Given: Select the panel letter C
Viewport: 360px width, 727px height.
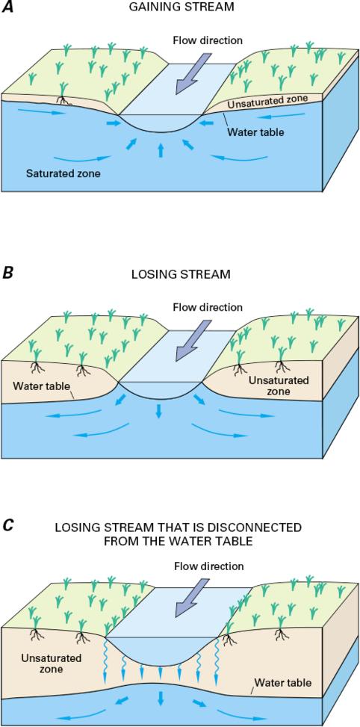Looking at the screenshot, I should click(x=8, y=525).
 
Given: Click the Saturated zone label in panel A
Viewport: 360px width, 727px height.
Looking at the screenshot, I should click(x=63, y=173).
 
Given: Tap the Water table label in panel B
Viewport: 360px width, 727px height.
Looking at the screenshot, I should click(x=43, y=386).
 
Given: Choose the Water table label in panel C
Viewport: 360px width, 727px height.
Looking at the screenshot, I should click(x=282, y=682).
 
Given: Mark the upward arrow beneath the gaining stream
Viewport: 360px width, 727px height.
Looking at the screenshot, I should click(x=161, y=150).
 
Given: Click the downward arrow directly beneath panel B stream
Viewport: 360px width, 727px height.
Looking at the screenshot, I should click(x=158, y=411).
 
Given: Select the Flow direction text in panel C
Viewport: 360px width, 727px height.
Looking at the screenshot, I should click(x=208, y=566).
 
